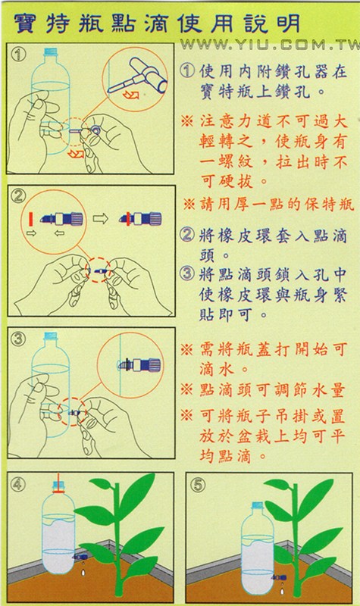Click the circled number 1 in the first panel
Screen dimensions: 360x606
(x=17, y=55)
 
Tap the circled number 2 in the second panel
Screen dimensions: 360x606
(x=17, y=196)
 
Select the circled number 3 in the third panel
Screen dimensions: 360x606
(x=17, y=339)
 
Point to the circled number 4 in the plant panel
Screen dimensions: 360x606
(x=17, y=484)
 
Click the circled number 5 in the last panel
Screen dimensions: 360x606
(x=197, y=485)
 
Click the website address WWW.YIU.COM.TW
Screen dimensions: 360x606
(x=270, y=45)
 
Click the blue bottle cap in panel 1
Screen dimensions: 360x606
(x=51, y=51)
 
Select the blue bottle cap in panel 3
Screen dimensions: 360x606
(x=51, y=336)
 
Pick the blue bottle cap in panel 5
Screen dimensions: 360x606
(x=257, y=505)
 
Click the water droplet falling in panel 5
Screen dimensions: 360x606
(x=282, y=591)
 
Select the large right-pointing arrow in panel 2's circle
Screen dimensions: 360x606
(x=100, y=219)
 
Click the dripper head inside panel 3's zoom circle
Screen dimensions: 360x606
(x=139, y=364)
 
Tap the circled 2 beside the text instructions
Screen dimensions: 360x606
(x=187, y=235)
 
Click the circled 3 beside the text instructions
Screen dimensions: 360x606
(x=187, y=273)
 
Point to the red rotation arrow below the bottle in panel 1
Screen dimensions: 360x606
(x=76, y=155)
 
